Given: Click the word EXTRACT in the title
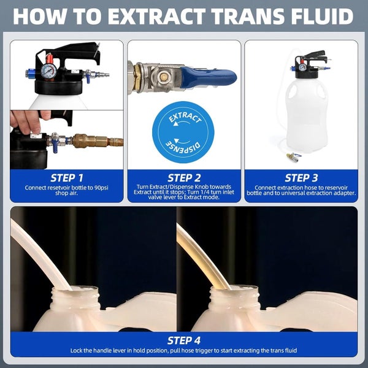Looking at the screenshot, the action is click(157, 16).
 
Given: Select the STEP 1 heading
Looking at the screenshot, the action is click(67, 178).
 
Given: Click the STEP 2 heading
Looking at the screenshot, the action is click(184, 178).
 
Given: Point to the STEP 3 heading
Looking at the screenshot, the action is click(301, 178).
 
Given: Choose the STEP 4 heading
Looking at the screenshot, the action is click(184, 340).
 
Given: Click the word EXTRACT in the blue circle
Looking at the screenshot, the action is click(185, 118).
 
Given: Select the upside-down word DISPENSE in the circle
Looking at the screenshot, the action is click(183, 147).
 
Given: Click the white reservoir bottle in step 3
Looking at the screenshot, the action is click(307, 115).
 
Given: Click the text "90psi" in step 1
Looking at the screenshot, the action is click(101, 188).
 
